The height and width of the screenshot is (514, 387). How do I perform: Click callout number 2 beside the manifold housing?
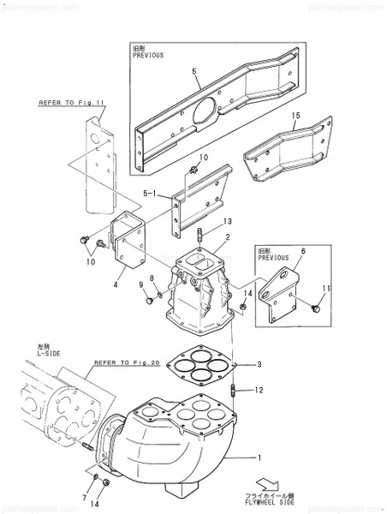coord(227,237)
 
